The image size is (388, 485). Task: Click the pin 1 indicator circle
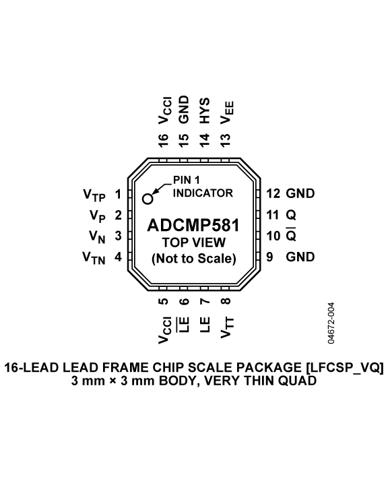[148, 199]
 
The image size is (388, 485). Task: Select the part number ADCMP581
[194, 225]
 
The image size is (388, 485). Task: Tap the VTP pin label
[94, 195]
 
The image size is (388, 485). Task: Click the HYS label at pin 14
[205, 110]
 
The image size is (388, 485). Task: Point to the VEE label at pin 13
[227, 112]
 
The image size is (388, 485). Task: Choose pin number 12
[273, 193]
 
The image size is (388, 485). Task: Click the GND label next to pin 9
[300, 257]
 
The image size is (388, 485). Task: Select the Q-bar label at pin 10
[291, 235]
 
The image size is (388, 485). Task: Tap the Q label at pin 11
[291, 215]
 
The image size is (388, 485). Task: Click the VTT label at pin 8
[227, 327]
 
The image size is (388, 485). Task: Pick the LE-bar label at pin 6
[183, 325]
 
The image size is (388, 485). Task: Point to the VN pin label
[97, 237]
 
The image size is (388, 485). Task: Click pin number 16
[163, 140]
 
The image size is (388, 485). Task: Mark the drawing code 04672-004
[331, 323]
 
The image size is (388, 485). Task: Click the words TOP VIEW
[194, 243]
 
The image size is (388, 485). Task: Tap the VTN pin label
[94, 258]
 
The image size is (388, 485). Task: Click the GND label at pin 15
[184, 110]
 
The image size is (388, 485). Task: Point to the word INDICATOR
[203, 193]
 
